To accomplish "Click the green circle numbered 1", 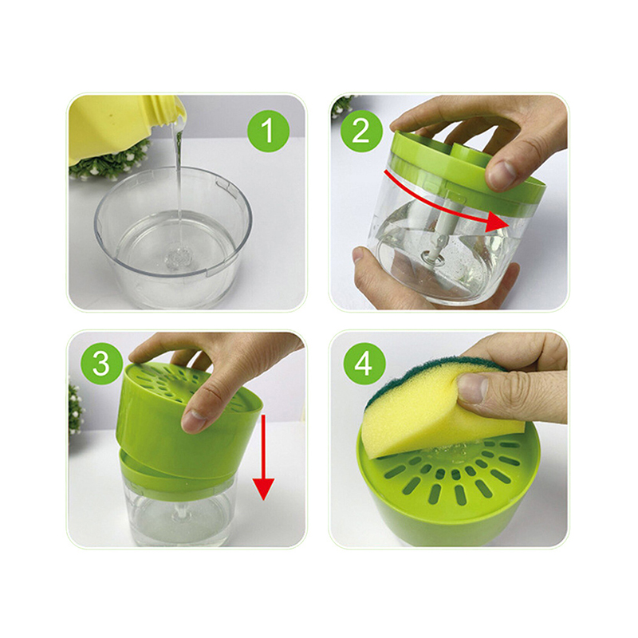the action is pos(268,131).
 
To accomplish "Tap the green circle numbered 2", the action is pos(361,131).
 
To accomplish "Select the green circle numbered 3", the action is pos(102,364).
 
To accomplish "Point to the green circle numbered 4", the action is pos(364,364).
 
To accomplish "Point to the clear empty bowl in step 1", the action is pos(173,236).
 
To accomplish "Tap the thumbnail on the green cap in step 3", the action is pos(195,415).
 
